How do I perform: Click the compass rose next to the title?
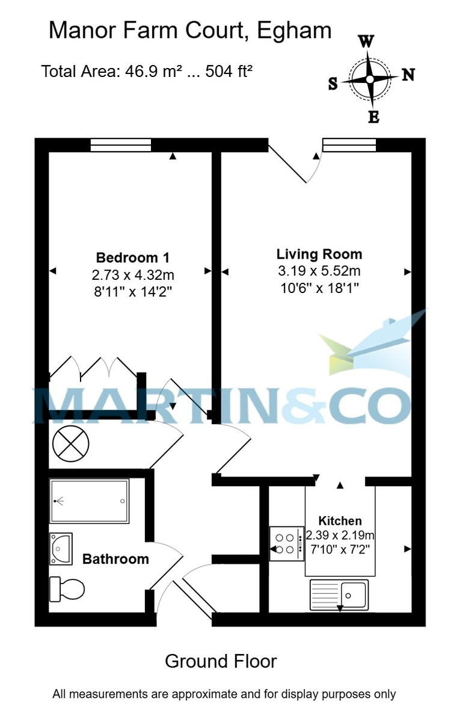[370, 78]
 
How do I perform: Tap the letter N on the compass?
[408, 75]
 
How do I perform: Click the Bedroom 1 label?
[132, 258]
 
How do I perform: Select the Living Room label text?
[319, 253]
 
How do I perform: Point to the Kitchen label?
[340, 521]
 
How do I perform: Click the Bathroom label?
[115, 559]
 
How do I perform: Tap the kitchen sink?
[339, 594]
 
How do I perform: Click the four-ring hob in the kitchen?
[286, 543]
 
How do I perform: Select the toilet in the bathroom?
[66, 588]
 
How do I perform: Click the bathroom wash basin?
[61, 548]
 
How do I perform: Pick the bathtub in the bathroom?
[90, 501]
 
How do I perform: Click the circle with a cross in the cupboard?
[70, 445]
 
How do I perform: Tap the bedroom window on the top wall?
[121, 145]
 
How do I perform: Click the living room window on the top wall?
[349, 145]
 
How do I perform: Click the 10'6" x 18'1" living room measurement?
[319, 288]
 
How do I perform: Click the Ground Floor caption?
[221, 661]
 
